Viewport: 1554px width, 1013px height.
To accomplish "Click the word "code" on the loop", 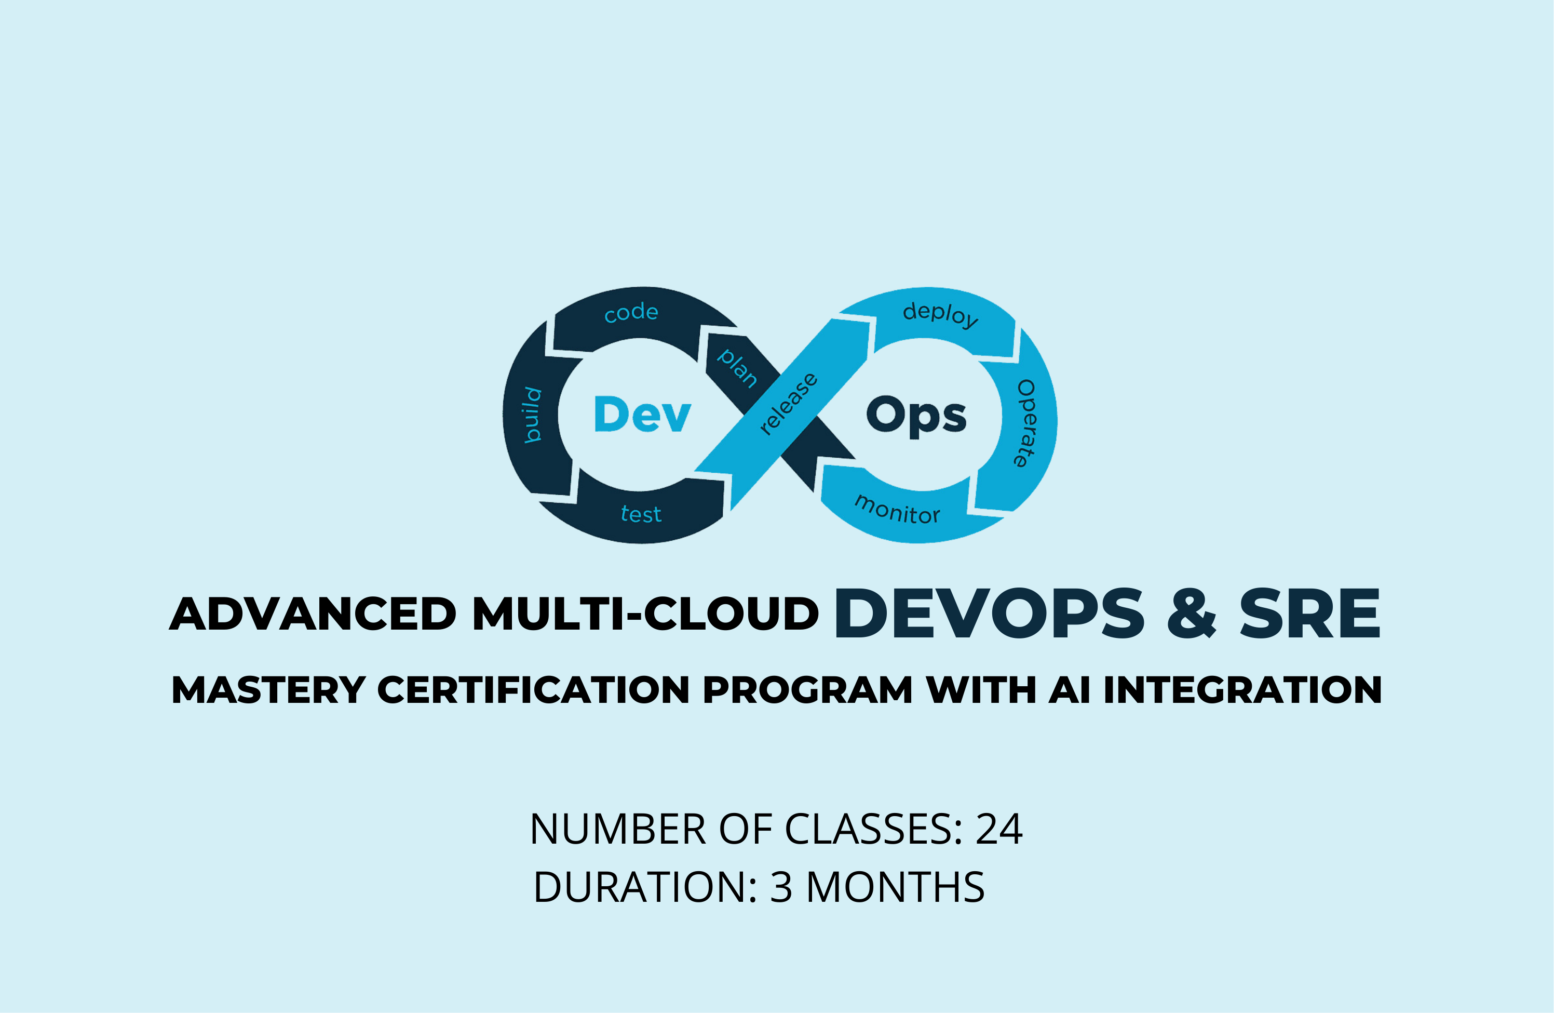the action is click(x=631, y=312).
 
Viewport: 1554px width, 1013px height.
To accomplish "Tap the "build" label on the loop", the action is click(x=533, y=416).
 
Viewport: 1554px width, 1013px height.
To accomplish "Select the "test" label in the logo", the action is click(x=641, y=514).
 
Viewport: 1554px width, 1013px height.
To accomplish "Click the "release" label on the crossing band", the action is click(x=789, y=404).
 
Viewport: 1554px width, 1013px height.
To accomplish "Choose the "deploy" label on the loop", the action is click(x=940, y=314).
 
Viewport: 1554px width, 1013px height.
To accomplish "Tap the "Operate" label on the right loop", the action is click(x=1026, y=423).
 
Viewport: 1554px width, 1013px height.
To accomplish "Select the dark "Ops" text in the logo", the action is click(x=916, y=416).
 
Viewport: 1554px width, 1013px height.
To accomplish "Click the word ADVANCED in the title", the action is click(x=313, y=614).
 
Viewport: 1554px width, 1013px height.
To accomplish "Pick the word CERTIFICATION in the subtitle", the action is click(x=533, y=690).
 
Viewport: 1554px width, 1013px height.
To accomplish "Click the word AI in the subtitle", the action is click(x=1070, y=690).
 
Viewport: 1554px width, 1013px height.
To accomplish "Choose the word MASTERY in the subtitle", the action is click(x=268, y=690).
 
